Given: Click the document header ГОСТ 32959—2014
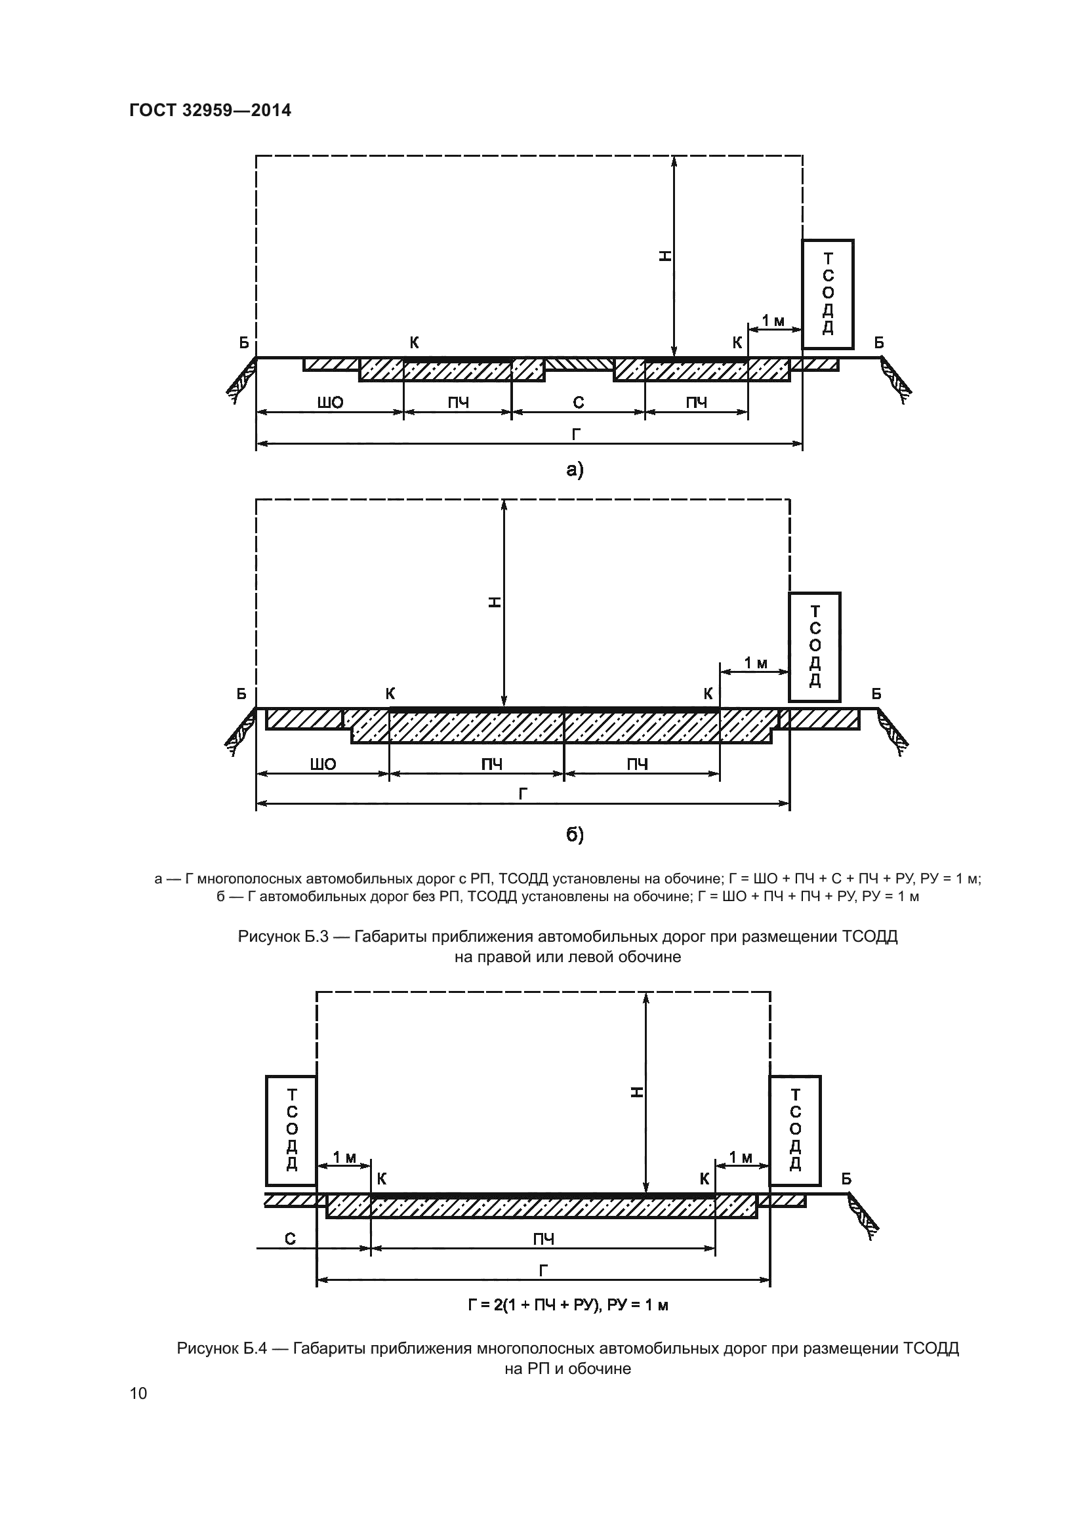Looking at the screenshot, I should click(x=211, y=110).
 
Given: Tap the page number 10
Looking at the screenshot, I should click(x=138, y=1393).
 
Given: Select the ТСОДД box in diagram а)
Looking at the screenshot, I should click(x=828, y=294).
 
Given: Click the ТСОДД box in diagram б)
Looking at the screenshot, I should click(x=815, y=646).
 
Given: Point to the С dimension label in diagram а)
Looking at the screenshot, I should click(x=579, y=402).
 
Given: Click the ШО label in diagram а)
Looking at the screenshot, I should click(x=330, y=402).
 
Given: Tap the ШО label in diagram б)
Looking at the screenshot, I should click(x=323, y=764).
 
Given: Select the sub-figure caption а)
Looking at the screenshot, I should click(x=575, y=470).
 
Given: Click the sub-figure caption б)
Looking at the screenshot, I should click(x=575, y=834).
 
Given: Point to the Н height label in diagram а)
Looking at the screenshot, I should click(x=665, y=255).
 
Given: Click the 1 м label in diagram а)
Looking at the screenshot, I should click(x=773, y=321).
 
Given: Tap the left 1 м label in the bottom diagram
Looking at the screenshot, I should click(x=345, y=1157).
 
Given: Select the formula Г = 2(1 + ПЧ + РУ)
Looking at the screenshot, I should click(x=569, y=1305).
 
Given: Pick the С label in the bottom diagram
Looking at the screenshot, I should click(x=290, y=1240).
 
